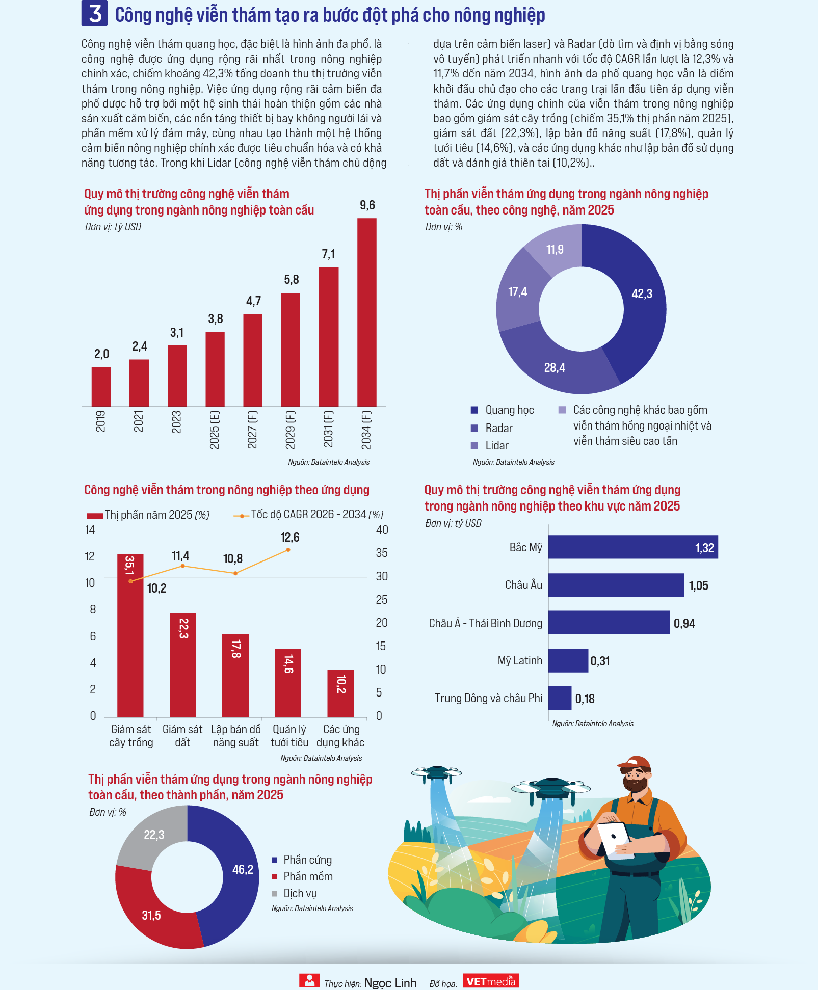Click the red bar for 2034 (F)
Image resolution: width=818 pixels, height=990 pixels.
367,312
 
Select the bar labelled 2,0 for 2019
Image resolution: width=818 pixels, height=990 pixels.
101,386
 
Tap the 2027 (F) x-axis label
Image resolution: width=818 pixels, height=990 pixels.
252,430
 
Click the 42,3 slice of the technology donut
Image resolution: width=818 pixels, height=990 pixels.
632,301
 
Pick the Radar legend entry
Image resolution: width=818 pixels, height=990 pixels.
492,428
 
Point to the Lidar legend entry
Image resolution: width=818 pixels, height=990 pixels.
490,445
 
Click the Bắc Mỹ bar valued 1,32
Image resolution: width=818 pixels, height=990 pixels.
633,547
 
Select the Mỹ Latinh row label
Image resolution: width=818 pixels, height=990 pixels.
520,660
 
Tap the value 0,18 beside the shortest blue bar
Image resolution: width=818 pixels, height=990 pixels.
585,699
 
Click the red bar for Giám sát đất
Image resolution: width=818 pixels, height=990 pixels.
183,665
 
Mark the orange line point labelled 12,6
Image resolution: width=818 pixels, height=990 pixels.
288,550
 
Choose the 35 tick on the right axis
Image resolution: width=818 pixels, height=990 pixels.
382,553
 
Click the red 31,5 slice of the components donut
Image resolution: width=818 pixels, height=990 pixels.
153,912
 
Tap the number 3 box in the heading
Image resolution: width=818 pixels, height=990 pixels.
94,13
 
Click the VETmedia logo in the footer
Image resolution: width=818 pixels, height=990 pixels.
491,981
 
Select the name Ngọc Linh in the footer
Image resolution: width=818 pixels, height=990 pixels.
390,983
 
